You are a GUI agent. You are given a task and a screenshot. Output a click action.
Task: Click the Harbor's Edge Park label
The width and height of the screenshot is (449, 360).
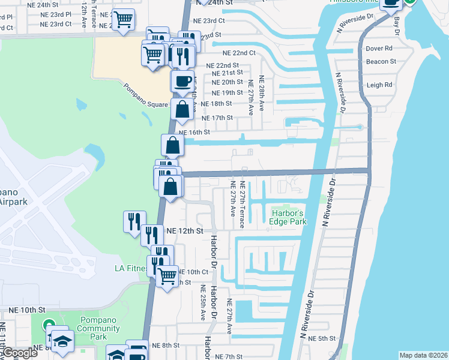[289, 217]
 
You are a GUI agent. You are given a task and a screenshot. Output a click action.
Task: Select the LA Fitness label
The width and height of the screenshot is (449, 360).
[131, 268]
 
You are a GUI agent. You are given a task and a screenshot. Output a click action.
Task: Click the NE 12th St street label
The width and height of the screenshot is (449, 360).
[185, 230]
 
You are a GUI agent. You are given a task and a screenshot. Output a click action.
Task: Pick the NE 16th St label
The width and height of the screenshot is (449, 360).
[194, 132]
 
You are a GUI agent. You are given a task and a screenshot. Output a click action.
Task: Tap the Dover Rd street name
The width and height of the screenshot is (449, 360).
[379, 48]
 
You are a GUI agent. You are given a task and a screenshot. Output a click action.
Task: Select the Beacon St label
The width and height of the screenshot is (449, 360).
[381, 61]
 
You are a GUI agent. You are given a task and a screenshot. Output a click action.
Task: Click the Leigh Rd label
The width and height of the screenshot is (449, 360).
[379, 85]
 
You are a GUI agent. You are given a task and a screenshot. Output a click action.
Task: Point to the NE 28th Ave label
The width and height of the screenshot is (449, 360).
[262, 95]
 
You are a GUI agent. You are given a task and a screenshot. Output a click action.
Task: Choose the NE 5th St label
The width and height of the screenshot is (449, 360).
[327, 338]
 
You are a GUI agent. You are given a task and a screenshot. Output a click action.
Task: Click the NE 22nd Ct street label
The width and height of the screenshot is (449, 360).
[240, 53]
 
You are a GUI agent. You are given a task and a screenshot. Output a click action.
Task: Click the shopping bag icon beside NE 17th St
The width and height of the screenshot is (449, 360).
[182, 109]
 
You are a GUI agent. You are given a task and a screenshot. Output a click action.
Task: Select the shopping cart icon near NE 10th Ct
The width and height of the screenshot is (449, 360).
[167, 276]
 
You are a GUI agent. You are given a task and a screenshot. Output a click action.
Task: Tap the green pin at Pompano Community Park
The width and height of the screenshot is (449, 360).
[50, 325]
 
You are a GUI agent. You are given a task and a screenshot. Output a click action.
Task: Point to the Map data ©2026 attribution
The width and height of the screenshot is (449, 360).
[424, 355]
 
